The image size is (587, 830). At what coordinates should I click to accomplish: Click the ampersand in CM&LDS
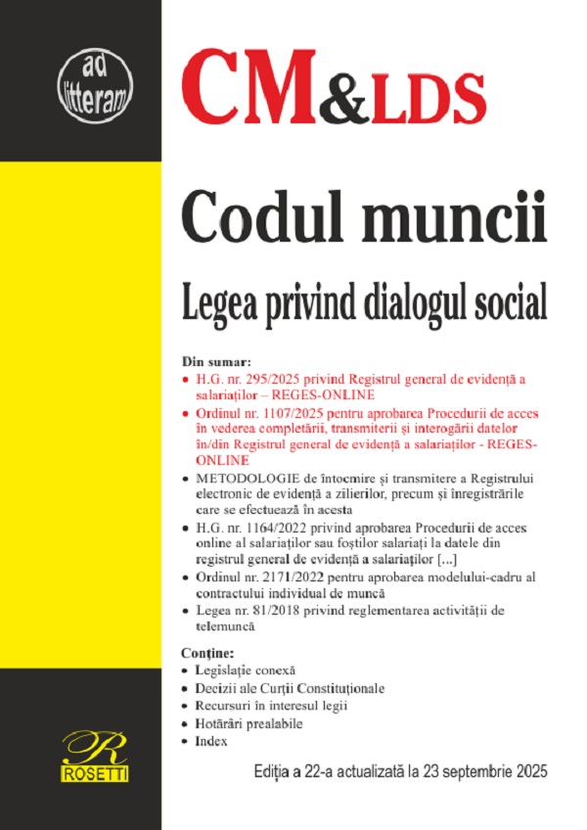tap(367, 97)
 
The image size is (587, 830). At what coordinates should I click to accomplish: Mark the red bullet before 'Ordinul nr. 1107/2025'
tap(187, 414)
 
